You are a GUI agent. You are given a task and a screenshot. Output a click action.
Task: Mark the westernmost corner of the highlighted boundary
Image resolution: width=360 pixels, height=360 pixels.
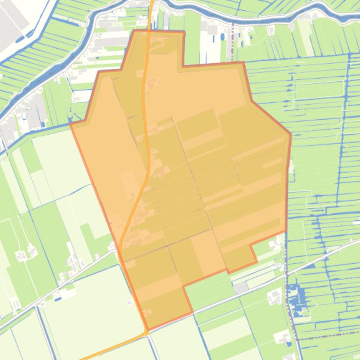click(x=71, y=124)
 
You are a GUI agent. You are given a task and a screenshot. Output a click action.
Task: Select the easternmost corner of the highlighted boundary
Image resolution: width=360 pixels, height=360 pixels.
click(x=291, y=135)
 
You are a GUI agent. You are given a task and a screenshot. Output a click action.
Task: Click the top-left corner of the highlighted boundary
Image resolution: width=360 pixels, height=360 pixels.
click(x=134, y=31)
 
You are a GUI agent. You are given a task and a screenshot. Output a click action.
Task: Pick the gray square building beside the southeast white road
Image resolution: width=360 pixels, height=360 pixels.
click(x=241, y=288)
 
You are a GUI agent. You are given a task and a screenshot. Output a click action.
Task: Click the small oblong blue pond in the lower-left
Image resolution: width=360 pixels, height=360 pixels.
click(x=58, y=297)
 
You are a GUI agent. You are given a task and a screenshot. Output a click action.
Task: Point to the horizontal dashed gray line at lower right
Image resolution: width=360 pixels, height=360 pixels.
click(x=328, y=335)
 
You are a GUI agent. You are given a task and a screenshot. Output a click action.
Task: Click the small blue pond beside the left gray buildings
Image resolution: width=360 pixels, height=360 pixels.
click(x=43, y=124)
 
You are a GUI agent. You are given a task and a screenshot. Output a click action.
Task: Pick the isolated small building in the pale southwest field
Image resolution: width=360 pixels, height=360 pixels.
click(x=130, y=303)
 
